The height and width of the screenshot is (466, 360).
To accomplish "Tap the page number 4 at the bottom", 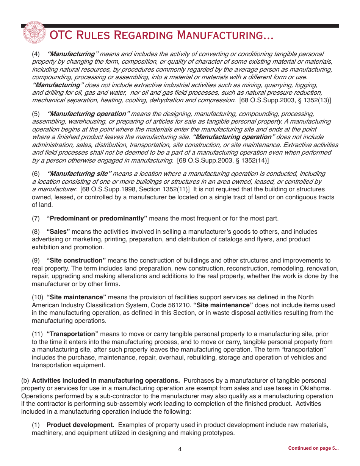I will coord(180,449).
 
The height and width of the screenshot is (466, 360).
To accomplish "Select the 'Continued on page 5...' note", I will coord(313,448).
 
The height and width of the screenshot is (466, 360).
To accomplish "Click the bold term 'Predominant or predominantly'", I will coord(97,218).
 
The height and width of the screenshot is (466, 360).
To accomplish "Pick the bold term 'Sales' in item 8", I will coord(58,231).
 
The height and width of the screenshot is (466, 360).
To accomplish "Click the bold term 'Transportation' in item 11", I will coord(72,334).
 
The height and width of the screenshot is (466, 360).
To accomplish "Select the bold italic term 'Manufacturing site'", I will coord(79,174).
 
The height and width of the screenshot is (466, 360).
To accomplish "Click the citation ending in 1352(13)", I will coord(285,100).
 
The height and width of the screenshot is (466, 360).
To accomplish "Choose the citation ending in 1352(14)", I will coord(223,160).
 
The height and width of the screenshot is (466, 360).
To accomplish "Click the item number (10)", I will coord(38,297).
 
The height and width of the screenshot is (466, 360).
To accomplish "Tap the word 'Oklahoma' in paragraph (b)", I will coord(317,388).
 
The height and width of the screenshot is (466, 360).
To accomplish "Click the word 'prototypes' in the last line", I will coord(219,433).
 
